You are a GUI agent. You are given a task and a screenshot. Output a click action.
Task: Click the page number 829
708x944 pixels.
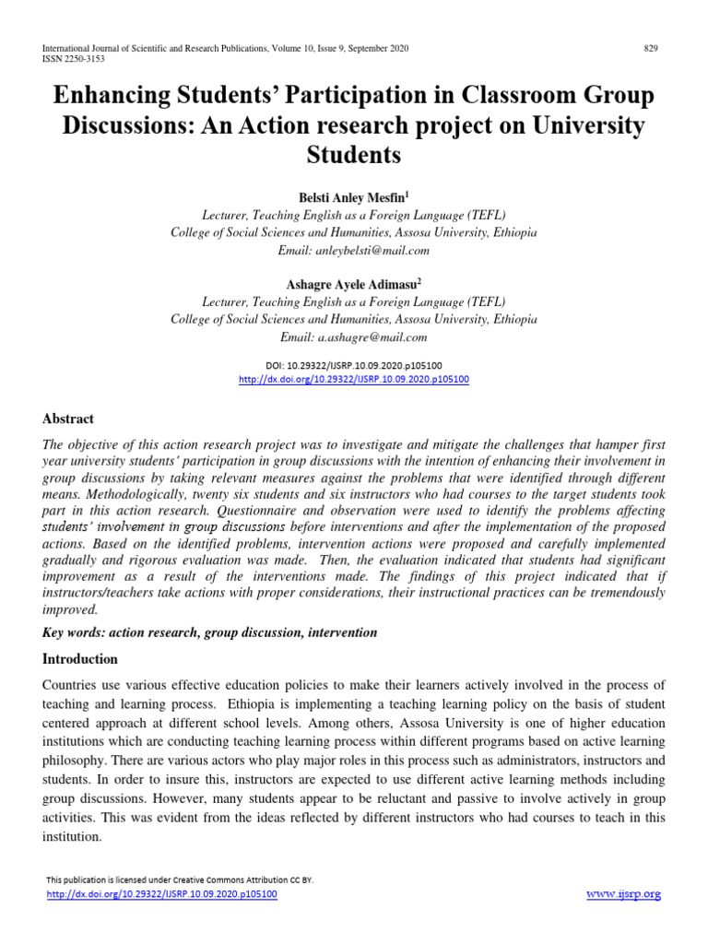tap(651, 48)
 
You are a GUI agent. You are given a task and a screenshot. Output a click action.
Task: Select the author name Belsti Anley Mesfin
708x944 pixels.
tap(353, 198)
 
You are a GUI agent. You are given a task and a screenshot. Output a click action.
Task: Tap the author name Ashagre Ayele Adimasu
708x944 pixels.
tap(353, 285)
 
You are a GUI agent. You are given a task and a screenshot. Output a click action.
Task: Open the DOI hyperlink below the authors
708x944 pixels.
tap(353, 379)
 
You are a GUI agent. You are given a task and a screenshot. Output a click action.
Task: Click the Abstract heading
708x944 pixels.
tap(68, 419)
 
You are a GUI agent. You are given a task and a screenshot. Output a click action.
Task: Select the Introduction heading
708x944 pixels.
tap(81, 659)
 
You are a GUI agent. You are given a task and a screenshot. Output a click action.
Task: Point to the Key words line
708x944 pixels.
tap(210, 632)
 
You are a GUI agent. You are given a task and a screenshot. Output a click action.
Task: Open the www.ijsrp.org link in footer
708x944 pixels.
tap(623, 894)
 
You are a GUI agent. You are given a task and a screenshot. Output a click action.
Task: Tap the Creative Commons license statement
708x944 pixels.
tap(180, 879)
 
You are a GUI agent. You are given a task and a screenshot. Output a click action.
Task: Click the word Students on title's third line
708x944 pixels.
tap(353, 155)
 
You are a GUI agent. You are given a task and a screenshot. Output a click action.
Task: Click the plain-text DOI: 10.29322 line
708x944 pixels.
tap(353, 365)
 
